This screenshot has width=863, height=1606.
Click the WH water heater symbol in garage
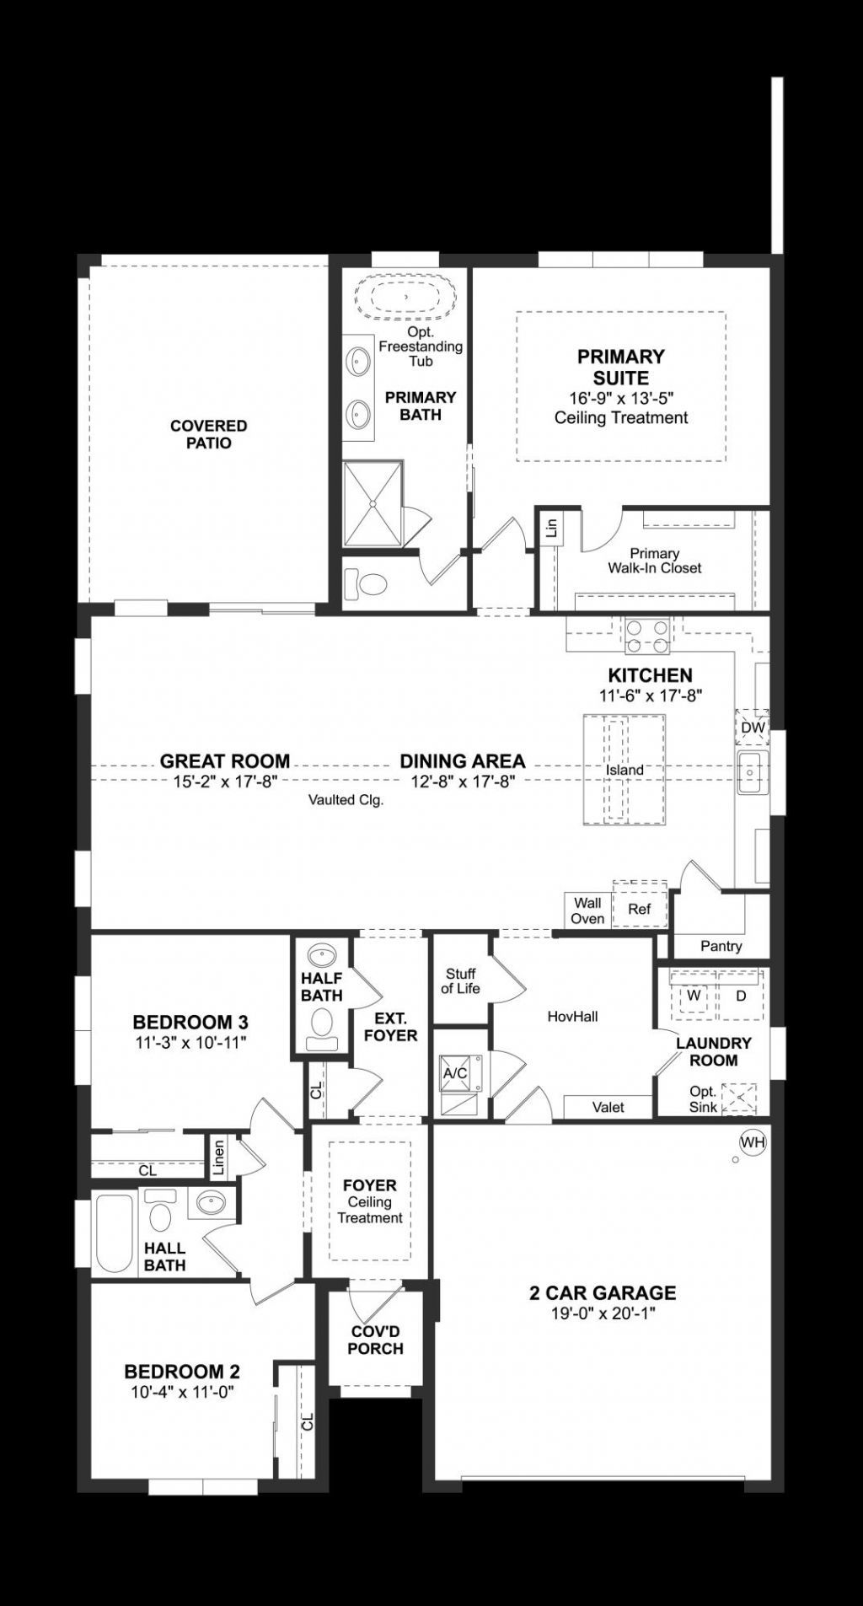point(753,1142)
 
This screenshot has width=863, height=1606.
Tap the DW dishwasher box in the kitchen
point(753,728)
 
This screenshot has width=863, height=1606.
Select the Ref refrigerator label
point(640,909)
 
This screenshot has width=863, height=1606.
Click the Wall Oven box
point(587,910)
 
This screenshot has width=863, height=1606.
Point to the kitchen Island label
point(624,770)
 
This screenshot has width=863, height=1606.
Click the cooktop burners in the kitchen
point(647,636)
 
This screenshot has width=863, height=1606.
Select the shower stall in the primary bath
point(373,503)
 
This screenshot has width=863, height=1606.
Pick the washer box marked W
point(694,996)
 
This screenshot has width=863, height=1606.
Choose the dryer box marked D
point(741,996)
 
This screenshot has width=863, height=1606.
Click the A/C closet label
point(455,1073)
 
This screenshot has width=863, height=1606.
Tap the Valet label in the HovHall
point(608,1107)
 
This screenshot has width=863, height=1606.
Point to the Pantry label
point(721,946)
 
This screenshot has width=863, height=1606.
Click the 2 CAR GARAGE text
point(603,1292)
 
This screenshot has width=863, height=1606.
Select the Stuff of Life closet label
point(460,980)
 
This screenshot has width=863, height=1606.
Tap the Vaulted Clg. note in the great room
point(346,800)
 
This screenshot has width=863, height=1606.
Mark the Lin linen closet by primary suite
point(552,529)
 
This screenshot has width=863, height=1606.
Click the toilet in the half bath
point(322,1028)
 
